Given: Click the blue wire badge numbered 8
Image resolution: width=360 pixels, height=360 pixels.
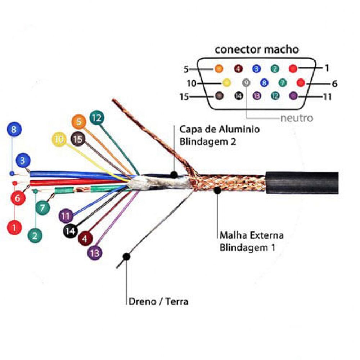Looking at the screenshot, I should [14, 130].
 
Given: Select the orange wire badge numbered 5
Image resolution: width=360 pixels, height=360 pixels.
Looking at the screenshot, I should [79, 122].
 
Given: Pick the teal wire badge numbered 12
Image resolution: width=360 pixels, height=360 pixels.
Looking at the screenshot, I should [97, 118].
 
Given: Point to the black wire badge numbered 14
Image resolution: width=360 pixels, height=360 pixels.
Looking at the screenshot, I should [71, 231].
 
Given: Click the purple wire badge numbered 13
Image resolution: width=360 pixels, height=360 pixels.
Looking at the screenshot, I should [95, 253].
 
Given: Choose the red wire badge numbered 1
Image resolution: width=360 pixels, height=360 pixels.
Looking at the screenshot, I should [14, 228].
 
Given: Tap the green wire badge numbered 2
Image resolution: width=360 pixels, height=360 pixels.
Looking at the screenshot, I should [35, 235].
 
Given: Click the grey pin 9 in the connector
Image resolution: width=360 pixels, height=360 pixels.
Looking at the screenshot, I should [246, 83].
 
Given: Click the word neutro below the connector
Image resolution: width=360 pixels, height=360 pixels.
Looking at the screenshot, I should [297, 118].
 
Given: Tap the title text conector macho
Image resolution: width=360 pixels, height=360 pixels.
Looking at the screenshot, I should [257, 49].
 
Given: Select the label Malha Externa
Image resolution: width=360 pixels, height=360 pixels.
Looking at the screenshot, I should [252, 235].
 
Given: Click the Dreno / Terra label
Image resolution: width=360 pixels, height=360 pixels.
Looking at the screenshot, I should [158, 301].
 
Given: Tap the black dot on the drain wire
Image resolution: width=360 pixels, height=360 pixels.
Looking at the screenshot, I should [126, 257].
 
